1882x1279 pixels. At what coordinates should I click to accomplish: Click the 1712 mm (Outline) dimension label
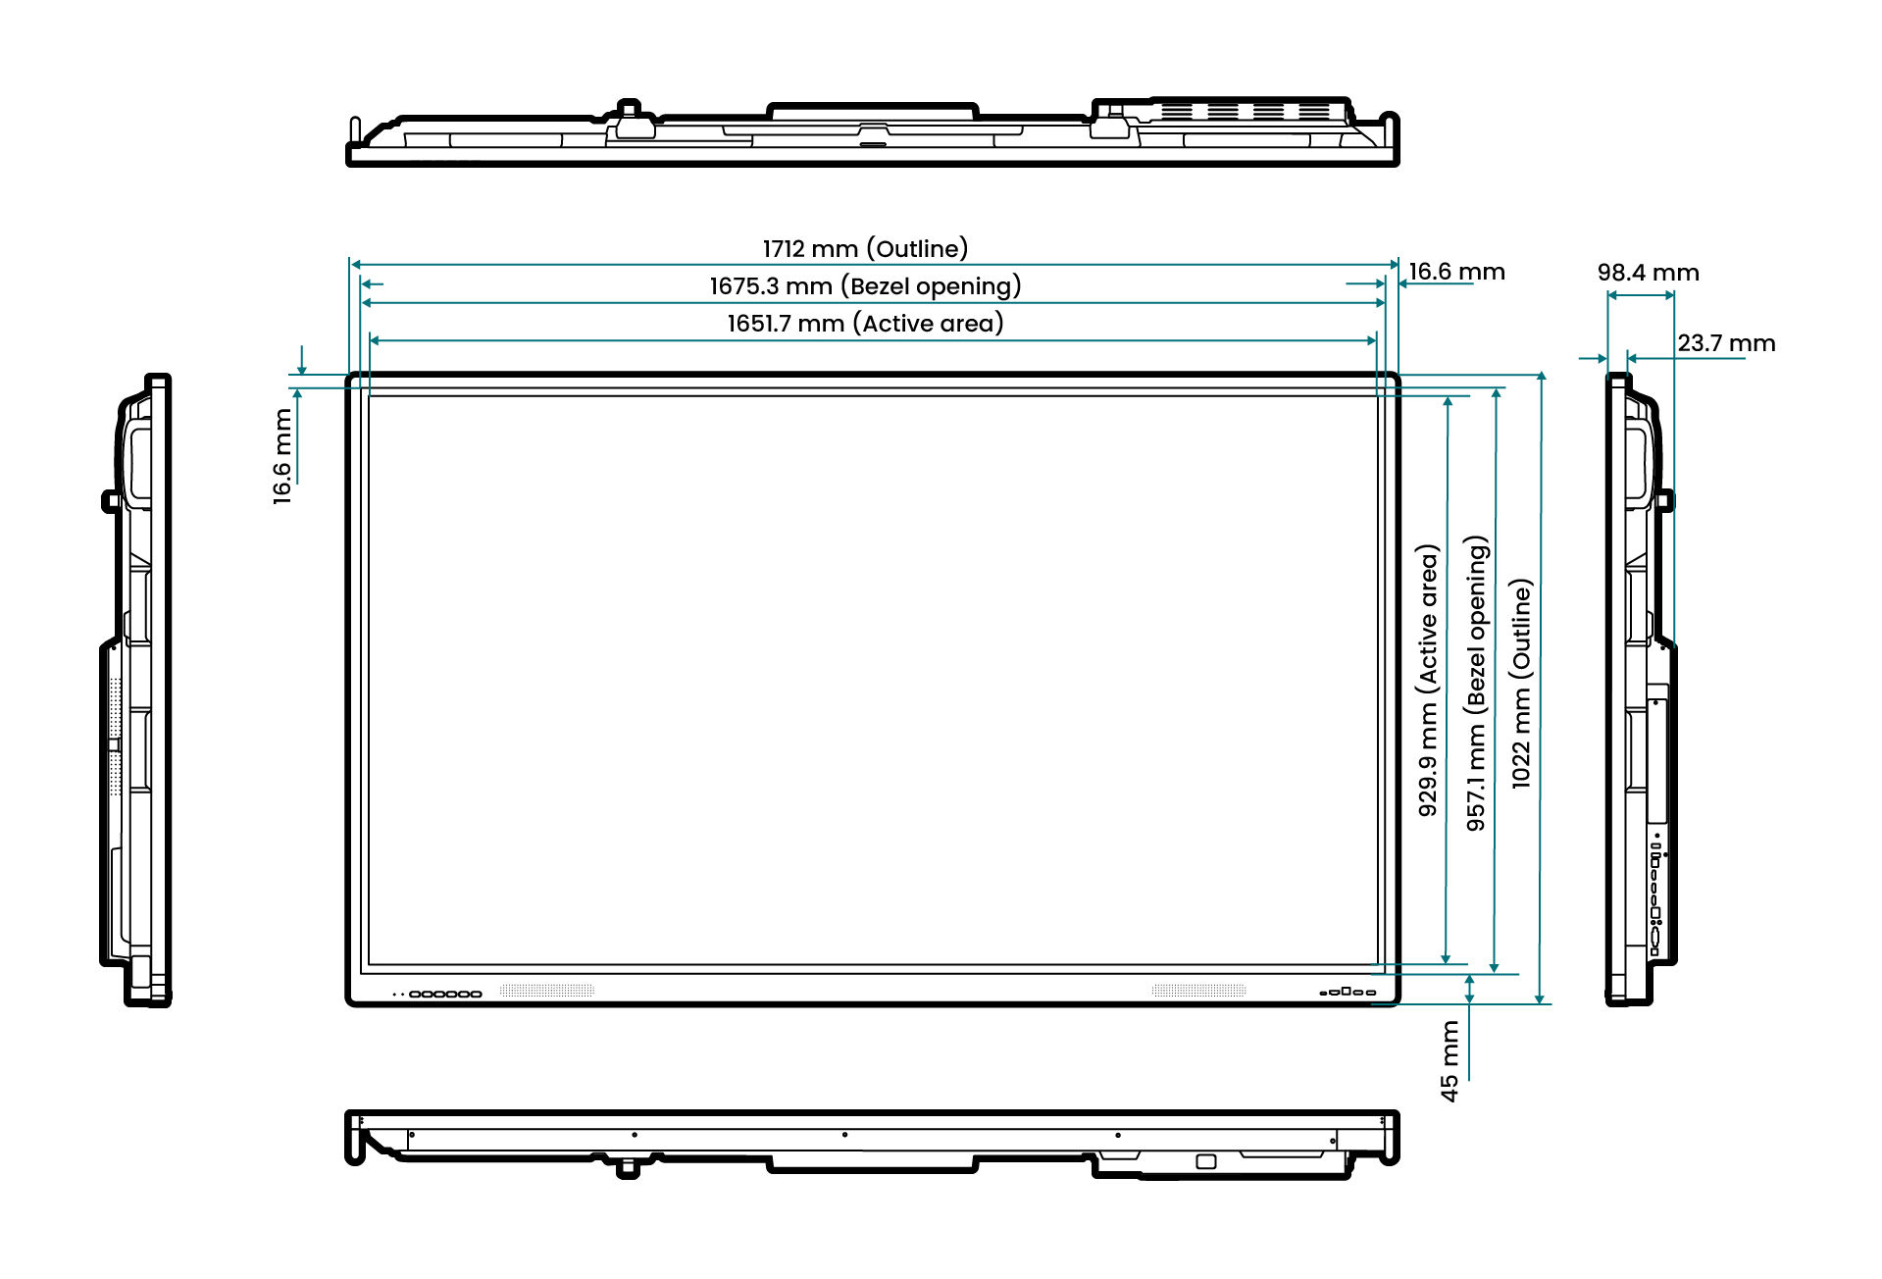(x=865, y=248)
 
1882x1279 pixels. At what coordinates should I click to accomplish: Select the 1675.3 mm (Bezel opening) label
(x=865, y=286)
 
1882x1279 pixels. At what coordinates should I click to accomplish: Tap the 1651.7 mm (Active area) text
(x=865, y=324)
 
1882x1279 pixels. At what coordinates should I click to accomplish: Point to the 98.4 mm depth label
(x=1648, y=273)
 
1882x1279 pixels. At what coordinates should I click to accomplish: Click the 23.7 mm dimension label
(x=1726, y=343)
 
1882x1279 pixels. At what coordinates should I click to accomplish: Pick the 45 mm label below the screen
(x=1450, y=1061)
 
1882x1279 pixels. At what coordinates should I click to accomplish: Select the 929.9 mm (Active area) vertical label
(x=1428, y=681)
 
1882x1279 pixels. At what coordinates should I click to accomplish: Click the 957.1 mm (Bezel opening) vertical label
(x=1476, y=684)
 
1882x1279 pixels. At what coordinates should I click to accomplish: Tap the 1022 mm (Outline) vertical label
(x=1521, y=684)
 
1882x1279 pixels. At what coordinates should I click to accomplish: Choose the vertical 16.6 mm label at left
(x=282, y=457)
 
